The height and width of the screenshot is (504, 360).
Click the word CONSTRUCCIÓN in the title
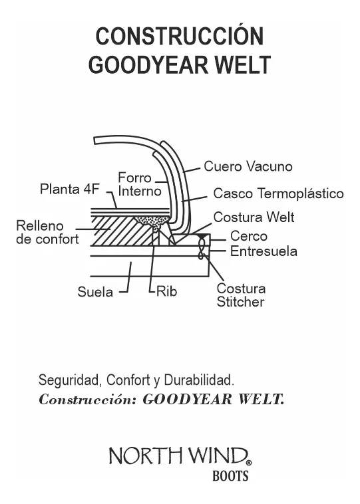[180, 36]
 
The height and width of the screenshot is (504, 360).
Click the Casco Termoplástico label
[278, 193]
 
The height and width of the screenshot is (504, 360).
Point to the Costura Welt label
[254, 217]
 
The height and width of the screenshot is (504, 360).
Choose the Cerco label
[249, 236]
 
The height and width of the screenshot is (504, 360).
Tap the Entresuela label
[264, 251]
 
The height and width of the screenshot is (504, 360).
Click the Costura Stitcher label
[241, 295]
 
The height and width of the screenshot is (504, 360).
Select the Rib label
[166, 291]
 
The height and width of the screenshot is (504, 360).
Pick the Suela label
[94, 292]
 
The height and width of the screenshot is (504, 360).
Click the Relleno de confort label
[47, 232]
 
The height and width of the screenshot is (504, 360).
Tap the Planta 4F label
[69, 189]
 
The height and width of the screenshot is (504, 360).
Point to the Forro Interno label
[139, 185]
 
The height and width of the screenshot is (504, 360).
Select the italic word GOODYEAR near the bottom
[187, 400]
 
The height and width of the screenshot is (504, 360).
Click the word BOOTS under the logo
[230, 476]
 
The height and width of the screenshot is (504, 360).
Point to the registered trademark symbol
[249, 462]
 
